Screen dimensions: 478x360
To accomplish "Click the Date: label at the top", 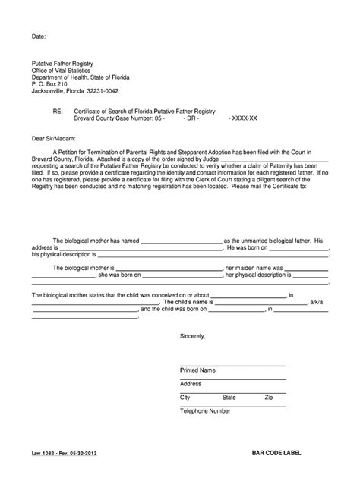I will click(39, 36).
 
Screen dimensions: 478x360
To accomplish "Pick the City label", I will click(185, 397).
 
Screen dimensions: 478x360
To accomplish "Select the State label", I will click(228, 397).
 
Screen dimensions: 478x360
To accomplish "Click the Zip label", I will click(268, 397).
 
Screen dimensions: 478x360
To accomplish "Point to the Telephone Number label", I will click(205, 411).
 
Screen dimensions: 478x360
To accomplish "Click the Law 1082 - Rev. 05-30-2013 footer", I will click(65, 453).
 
